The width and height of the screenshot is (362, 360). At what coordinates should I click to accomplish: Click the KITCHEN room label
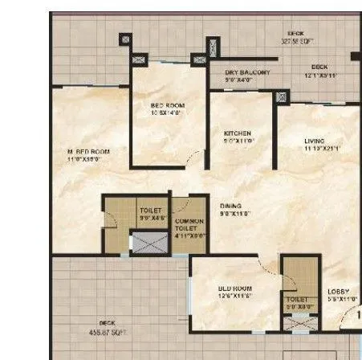[x=238, y=133]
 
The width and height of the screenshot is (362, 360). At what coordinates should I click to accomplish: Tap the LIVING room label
[x=314, y=141]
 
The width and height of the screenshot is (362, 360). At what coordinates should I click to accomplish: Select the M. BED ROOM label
[x=88, y=151]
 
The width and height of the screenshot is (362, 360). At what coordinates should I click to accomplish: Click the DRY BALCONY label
[x=248, y=72]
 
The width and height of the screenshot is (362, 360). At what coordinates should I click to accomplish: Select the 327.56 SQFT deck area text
[x=295, y=40]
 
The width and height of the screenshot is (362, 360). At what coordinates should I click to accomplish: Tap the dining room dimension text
[x=236, y=214]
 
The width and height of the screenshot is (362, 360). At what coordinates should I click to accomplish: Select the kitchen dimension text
[x=238, y=141]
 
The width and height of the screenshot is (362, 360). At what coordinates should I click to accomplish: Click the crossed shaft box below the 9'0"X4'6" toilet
[x=148, y=241]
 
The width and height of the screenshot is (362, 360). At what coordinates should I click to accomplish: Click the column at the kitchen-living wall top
[x=281, y=96]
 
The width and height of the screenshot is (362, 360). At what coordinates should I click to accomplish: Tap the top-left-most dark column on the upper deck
[x=124, y=39]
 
